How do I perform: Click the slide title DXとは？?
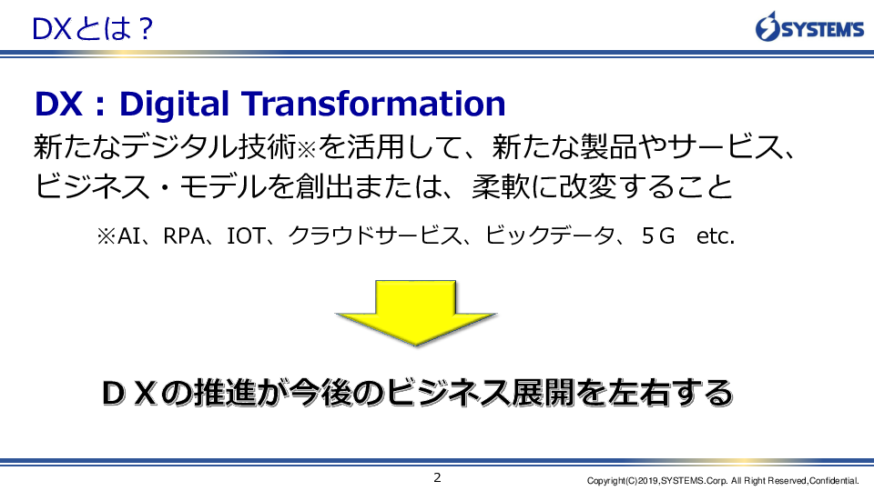tap(93, 29)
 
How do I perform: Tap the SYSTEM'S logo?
tap(809, 26)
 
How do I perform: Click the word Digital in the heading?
tap(174, 104)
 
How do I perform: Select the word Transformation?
tap(373, 104)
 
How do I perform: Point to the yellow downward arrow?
tap(415, 312)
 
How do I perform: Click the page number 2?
tap(437, 477)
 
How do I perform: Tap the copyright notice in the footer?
tap(722, 480)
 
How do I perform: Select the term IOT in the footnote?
tap(245, 236)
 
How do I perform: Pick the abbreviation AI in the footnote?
tap(128, 236)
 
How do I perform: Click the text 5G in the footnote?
tap(657, 236)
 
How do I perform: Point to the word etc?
tap(716, 236)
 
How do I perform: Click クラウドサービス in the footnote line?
tap(374, 235)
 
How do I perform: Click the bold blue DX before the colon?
tap(58, 104)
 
